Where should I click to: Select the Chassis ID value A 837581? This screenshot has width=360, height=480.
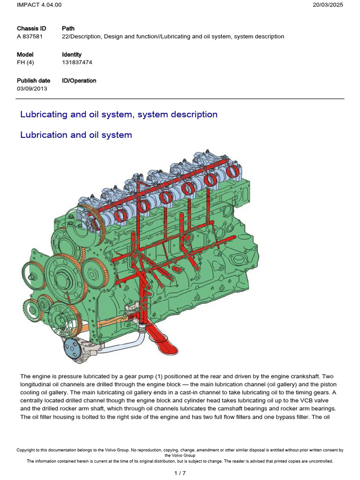pos(30,37)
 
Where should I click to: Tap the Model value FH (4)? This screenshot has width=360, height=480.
pos(25,62)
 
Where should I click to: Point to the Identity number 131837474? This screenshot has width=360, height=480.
pos(76,62)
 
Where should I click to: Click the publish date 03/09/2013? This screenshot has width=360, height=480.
pos(32,88)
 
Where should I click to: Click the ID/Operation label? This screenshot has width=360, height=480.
pos(79,81)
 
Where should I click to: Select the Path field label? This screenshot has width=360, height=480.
pos(68,29)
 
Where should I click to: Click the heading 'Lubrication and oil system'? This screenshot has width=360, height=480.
pos(76,135)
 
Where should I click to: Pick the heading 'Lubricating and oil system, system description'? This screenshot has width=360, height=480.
pos(119,114)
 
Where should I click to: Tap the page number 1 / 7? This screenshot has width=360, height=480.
pos(180,473)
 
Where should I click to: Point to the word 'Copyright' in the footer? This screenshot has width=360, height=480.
pos(26,450)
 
